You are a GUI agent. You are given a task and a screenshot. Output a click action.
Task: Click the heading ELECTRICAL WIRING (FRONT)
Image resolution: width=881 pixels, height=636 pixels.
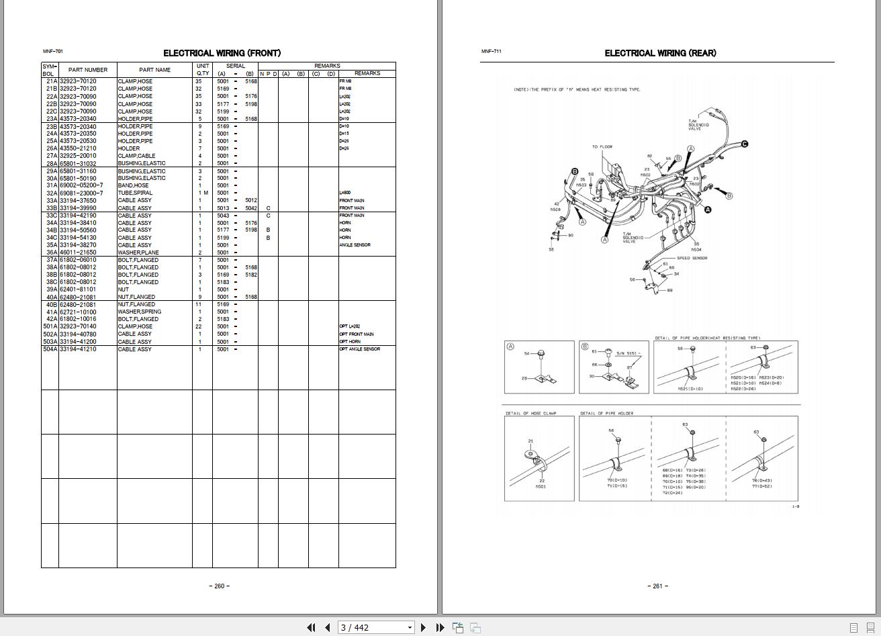pos(222,53)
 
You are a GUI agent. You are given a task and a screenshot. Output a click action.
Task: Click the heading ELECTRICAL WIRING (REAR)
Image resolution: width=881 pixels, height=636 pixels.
pos(660,53)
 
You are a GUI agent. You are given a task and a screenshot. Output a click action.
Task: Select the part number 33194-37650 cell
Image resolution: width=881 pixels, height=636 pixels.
pos(78,201)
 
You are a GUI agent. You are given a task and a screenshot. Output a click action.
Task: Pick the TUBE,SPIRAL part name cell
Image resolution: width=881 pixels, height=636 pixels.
pos(135,193)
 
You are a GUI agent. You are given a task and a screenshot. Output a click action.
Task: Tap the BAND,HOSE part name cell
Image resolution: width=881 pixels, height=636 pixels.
pos(134,186)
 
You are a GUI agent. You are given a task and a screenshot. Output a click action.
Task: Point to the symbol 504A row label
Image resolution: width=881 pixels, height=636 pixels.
pos(50,349)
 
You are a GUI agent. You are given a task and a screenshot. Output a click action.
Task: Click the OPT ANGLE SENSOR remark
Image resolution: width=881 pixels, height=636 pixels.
pos(360,349)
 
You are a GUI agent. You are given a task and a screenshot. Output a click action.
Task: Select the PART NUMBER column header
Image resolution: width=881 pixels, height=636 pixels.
pos(87,70)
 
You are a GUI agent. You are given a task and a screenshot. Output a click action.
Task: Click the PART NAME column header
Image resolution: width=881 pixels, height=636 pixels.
pos(154,70)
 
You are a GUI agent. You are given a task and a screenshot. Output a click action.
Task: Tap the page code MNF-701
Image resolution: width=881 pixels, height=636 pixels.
pos(53,52)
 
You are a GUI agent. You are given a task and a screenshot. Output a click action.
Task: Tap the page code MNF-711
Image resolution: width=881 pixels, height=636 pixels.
pos(491,52)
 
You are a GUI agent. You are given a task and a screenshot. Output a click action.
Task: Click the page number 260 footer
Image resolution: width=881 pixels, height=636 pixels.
pos(219,586)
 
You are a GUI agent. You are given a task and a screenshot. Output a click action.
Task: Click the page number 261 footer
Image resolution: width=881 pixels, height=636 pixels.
pos(657,586)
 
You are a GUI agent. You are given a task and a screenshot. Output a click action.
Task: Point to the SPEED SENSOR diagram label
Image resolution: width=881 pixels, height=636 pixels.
pos(692,259)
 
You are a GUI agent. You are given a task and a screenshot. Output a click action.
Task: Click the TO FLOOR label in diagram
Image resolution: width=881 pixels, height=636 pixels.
pos(602,147)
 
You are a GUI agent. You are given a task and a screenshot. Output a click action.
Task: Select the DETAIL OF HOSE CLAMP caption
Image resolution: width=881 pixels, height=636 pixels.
pos(530,414)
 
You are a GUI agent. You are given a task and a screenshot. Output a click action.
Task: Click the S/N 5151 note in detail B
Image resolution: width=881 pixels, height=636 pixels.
pos(629,353)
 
